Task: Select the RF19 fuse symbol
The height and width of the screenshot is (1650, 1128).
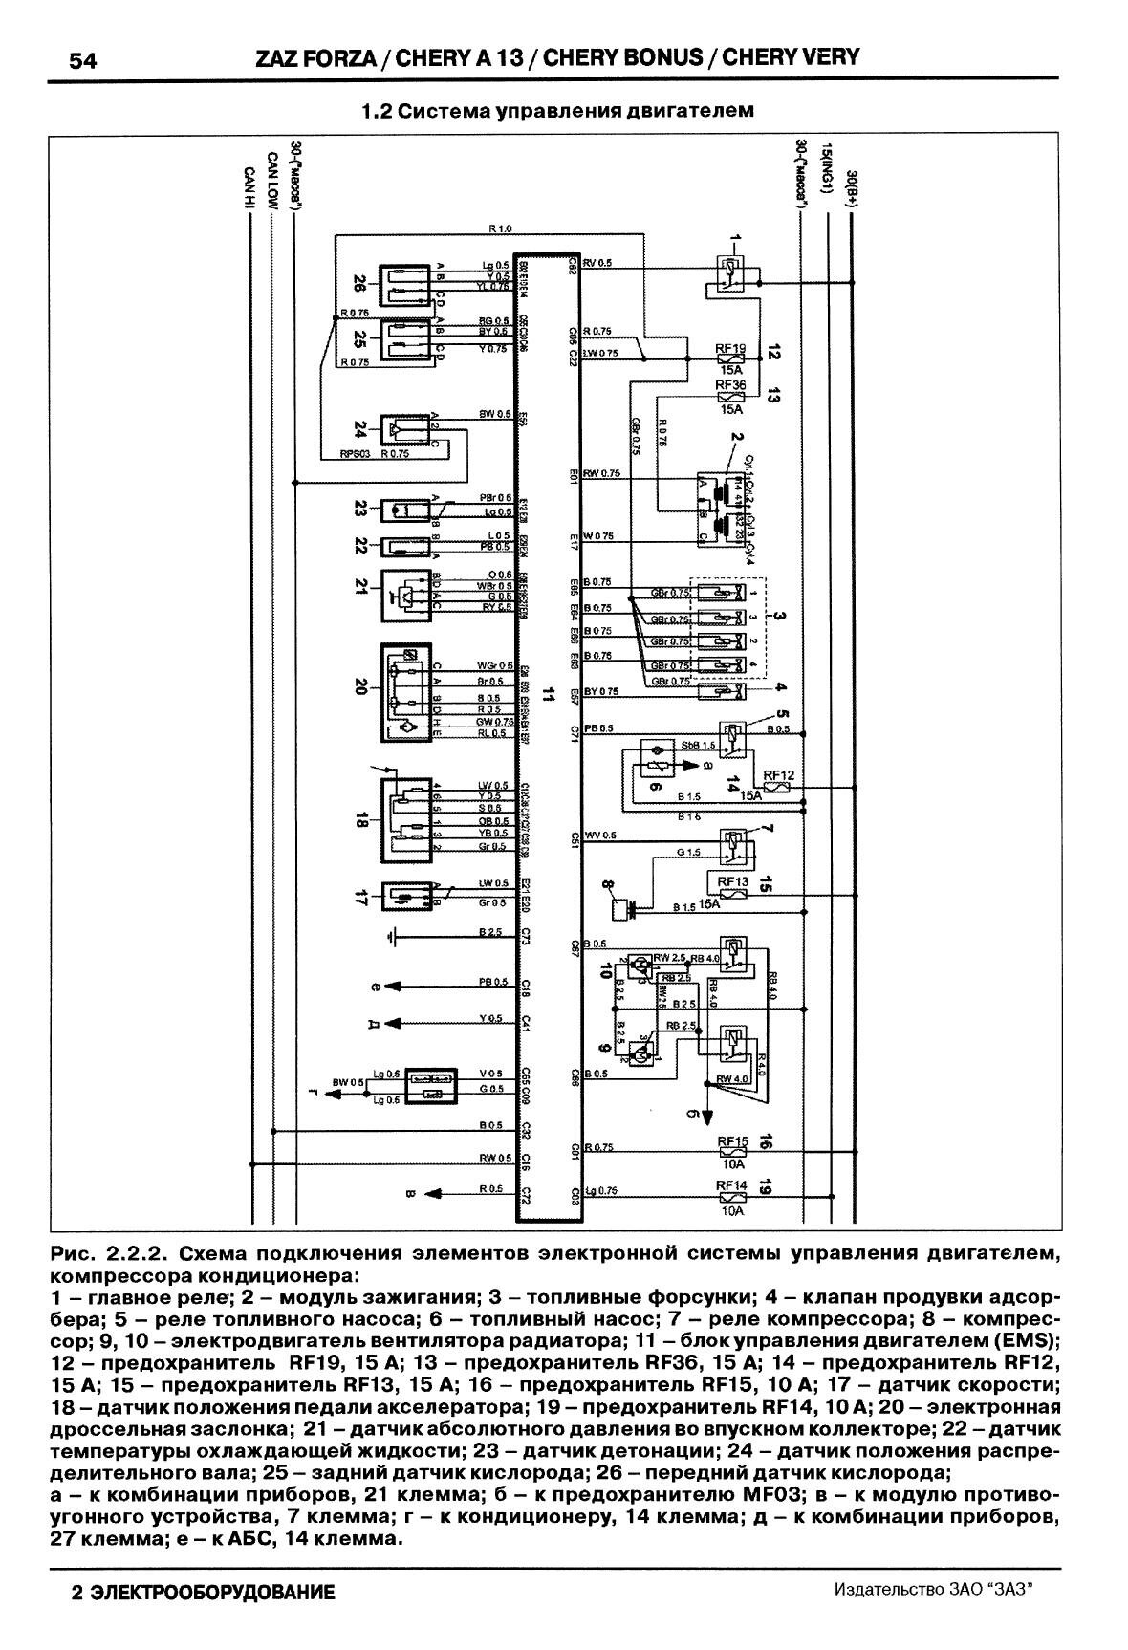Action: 731,360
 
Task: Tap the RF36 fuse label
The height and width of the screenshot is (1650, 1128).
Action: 731,384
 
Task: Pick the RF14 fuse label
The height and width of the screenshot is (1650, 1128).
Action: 732,1185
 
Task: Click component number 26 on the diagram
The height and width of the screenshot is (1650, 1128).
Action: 359,284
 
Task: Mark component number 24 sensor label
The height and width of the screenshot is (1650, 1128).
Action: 359,427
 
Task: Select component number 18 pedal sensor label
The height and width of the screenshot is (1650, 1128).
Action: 359,820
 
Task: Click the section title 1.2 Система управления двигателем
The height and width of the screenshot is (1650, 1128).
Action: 557,111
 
